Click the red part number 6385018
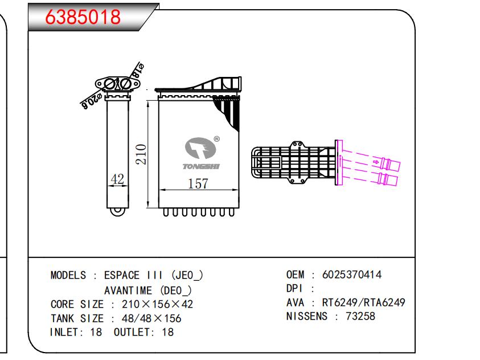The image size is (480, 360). click(x=83, y=17)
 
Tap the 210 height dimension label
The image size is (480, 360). click(x=141, y=154)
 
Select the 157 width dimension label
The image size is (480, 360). click(x=198, y=183)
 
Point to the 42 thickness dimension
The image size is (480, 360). click(x=117, y=179)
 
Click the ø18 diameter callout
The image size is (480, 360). click(x=137, y=71)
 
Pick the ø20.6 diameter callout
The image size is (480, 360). click(x=91, y=102)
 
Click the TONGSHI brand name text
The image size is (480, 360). click(x=201, y=166)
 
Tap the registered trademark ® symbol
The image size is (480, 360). click(x=216, y=139)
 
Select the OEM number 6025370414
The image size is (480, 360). click(x=352, y=275)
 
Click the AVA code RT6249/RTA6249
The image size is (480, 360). click(x=364, y=302)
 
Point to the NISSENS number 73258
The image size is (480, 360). click(x=360, y=316)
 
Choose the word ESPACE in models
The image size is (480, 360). click(x=122, y=275)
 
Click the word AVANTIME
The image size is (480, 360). click(x=128, y=290)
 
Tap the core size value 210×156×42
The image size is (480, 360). click(x=157, y=304)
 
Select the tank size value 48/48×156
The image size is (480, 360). click(x=151, y=318)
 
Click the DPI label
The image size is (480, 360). click(x=294, y=288)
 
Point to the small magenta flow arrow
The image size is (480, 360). click(x=376, y=162)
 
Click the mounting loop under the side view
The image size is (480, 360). click(x=118, y=211)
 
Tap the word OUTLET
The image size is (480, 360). click(x=132, y=332)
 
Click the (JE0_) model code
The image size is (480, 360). click(x=187, y=275)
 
